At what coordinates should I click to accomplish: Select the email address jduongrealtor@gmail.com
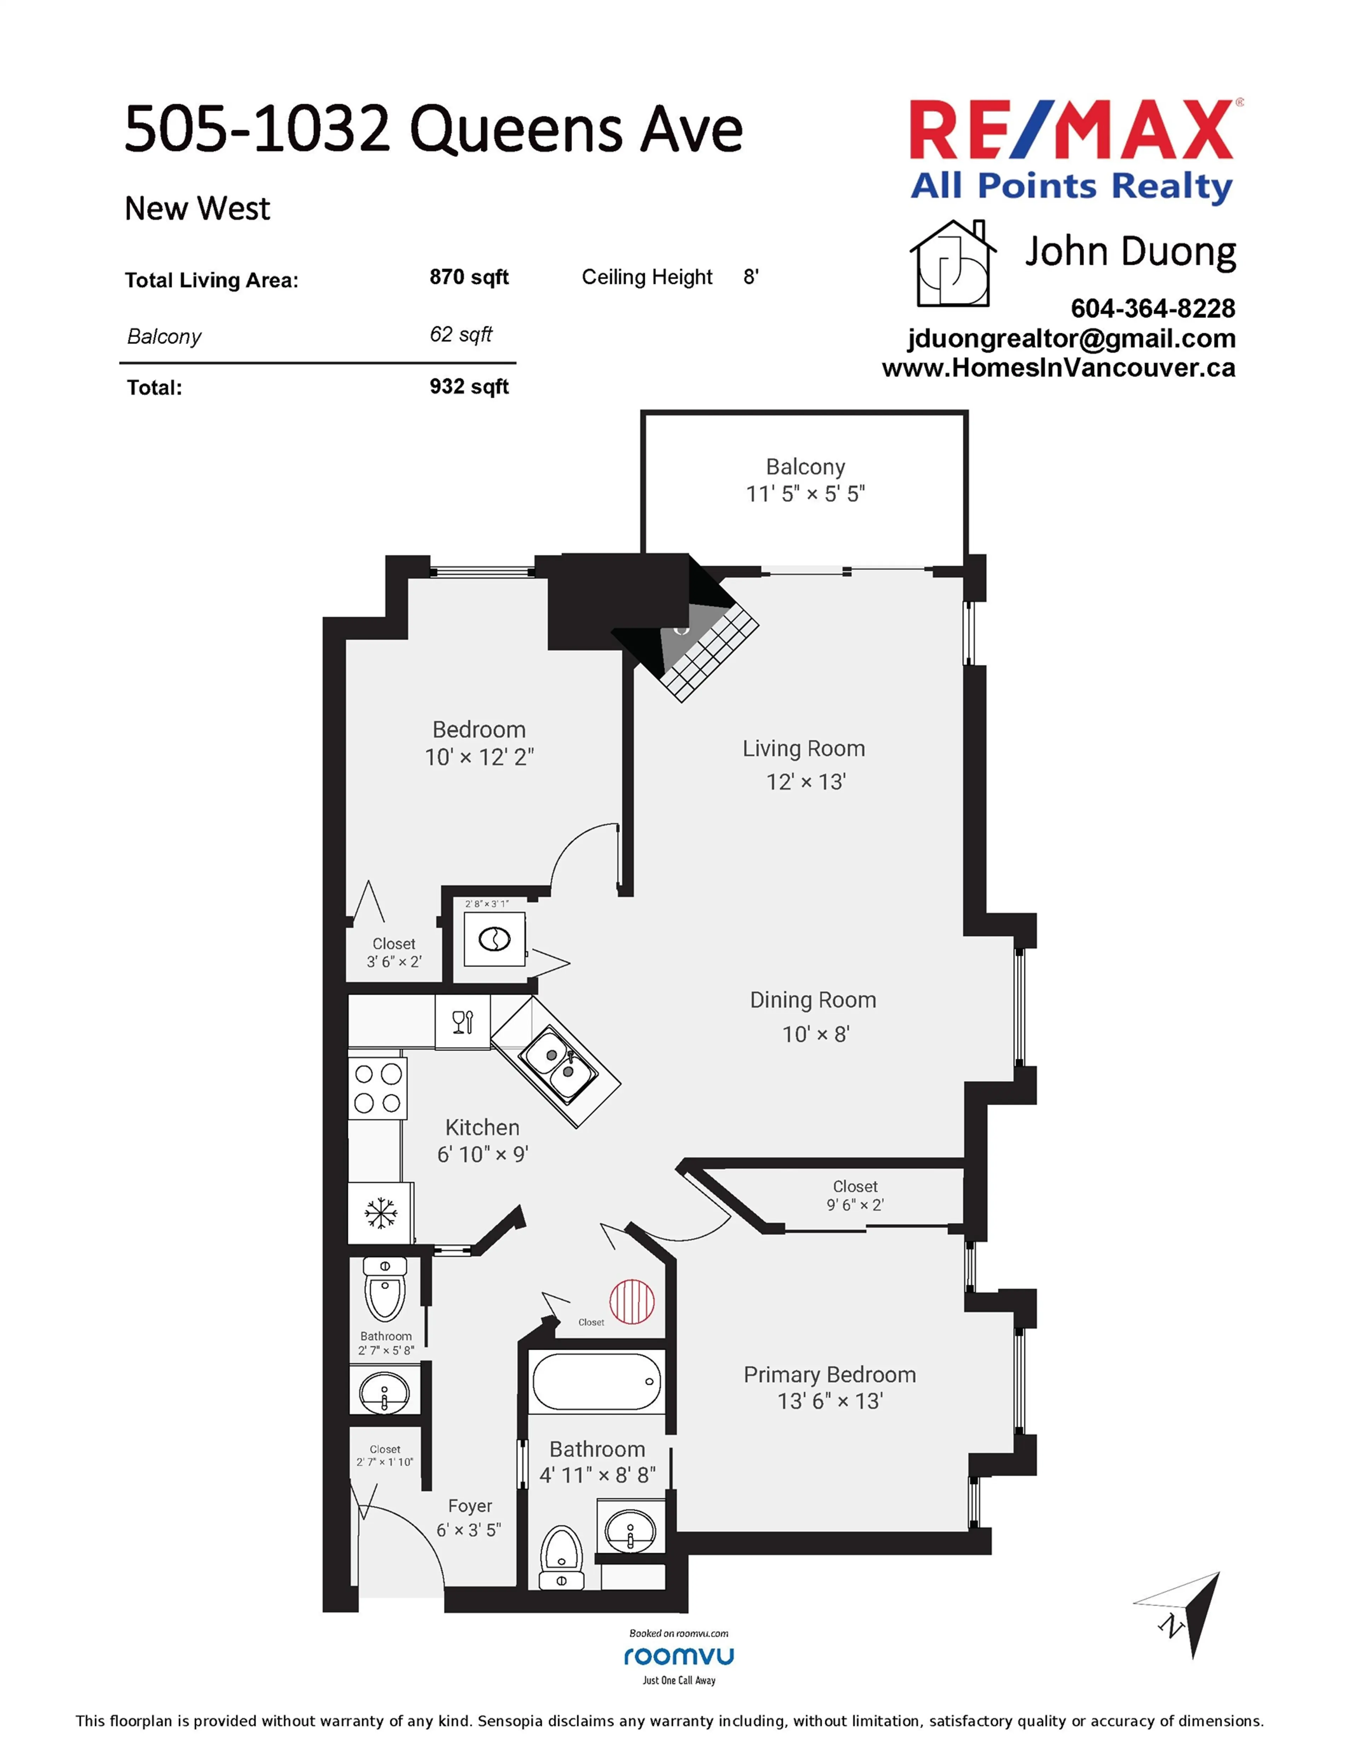pyautogui.click(x=1071, y=338)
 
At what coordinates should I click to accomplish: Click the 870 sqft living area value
pyautogui.click(x=469, y=277)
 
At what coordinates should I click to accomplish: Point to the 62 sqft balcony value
pyautogui.click(x=460, y=334)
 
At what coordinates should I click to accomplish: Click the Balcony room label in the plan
pyautogui.click(x=805, y=467)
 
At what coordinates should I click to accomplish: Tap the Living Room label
pyautogui.click(x=803, y=749)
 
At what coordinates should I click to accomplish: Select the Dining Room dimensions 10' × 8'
pyautogui.click(x=815, y=1034)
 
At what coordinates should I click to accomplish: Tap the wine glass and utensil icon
pyautogui.click(x=463, y=1022)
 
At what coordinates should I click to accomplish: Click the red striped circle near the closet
pyautogui.click(x=632, y=1302)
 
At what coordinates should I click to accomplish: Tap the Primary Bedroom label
pyautogui.click(x=829, y=1375)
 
